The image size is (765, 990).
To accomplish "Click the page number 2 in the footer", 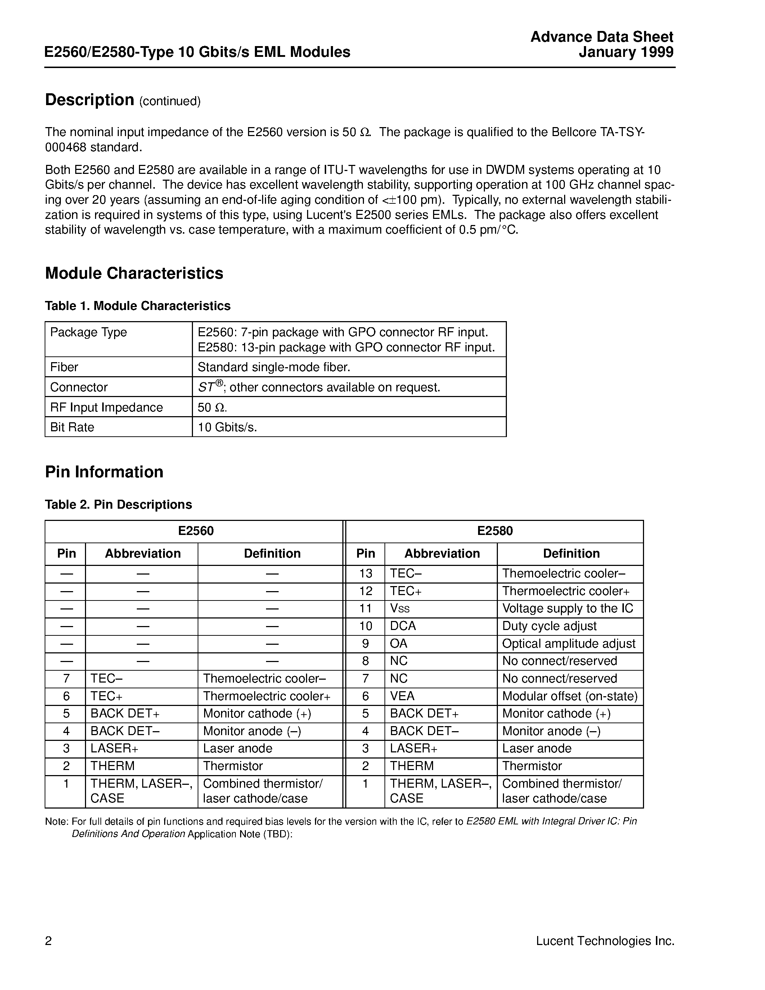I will [x=49, y=941].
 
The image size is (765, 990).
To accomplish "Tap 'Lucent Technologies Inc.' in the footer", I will [x=605, y=941].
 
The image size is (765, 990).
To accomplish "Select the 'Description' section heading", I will [x=90, y=100].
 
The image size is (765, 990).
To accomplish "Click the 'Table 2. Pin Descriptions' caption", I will [x=118, y=504].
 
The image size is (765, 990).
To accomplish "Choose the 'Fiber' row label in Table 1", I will [x=64, y=367].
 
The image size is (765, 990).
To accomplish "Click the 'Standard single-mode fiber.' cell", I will [x=274, y=367].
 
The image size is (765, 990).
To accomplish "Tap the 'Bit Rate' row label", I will [x=72, y=427].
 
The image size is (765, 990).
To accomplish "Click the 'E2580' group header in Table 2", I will [x=494, y=531].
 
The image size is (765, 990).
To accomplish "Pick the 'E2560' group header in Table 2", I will [x=196, y=531].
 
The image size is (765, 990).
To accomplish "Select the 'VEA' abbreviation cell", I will [x=402, y=696].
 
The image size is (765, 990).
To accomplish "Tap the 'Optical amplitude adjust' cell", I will [x=569, y=644].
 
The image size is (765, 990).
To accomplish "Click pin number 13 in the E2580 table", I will [x=365, y=573].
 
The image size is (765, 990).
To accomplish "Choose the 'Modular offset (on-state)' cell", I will [x=570, y=696].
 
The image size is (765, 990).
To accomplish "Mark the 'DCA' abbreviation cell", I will [x=402, y=626].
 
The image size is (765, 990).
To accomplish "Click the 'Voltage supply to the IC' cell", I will [x=567, y=608].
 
